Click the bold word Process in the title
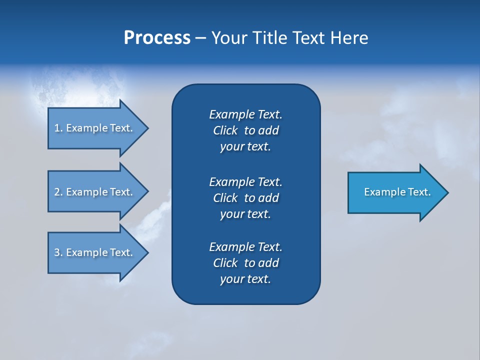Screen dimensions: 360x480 tap(157, 38)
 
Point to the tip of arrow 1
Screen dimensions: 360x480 tap(147, 128)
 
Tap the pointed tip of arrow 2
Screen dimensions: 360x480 tap(147, 191)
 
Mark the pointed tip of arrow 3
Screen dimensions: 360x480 tap(147, 252)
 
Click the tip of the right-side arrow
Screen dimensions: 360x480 tap(447, 192)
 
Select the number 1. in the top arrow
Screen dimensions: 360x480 tap(58, 128)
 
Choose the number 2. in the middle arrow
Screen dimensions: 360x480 tap(58, 192)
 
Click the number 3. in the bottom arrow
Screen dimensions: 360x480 tap(58, 252)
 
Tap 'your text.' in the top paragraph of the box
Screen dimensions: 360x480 tap(245, 146)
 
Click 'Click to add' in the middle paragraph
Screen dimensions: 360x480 tap(245, 198)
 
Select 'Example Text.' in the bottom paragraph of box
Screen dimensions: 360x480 tap(245, 247)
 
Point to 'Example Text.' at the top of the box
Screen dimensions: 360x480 tap(245, 114)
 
